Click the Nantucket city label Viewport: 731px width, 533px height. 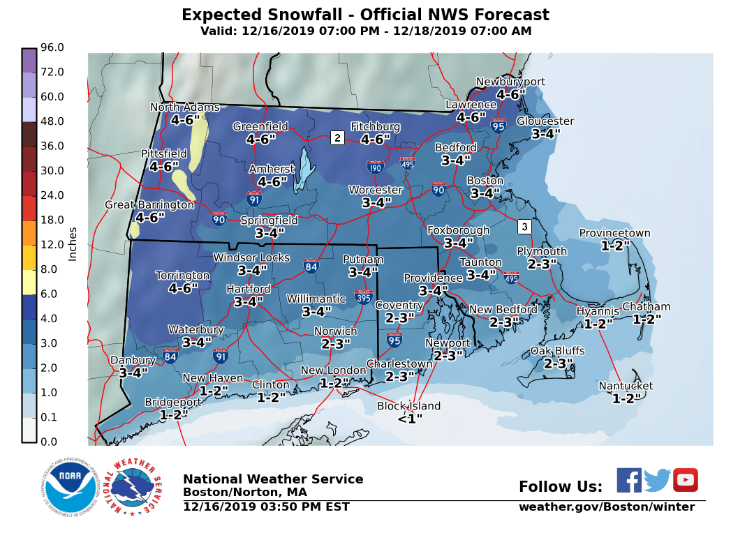(626, 386)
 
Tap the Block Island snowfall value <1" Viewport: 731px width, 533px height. (410, 419)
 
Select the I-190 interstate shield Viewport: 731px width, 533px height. (375, 167)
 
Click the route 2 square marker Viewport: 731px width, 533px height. (337, 137)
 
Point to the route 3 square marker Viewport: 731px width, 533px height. (524, 227)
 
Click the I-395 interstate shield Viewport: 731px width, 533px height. (363, 296)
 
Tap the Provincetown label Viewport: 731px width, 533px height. (614, 234)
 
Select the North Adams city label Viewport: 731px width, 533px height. (185, 107)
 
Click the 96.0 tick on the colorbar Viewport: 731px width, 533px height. (52, 47)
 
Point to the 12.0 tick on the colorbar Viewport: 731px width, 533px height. (52, 245)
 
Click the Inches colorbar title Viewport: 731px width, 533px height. (73, 244)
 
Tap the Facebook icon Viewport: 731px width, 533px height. (628, 480)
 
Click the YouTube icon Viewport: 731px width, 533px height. (685, 480)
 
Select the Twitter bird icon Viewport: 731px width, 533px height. (657, 480)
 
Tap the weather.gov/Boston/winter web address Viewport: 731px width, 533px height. (606, 507)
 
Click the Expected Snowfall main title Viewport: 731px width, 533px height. (365, 15)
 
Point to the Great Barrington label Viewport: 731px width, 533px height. (149, 204)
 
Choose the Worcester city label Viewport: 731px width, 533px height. (376, 190)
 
